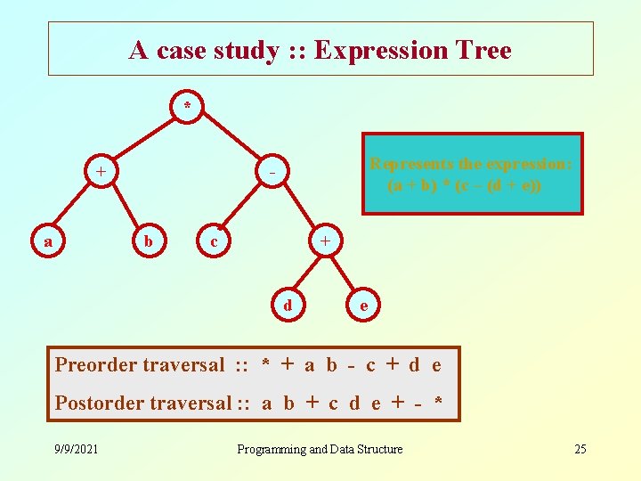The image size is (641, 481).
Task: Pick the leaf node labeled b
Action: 149,241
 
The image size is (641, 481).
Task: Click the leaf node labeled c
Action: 213,241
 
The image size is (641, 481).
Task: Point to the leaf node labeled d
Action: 287,306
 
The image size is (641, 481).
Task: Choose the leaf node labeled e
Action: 361,306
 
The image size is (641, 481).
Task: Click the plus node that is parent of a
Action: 101,170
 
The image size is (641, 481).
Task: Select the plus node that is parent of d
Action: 325,241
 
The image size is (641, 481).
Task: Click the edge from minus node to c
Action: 243,206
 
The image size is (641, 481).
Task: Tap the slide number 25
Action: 580,449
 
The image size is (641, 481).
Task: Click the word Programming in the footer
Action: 271,449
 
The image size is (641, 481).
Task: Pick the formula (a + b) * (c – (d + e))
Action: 464,186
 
